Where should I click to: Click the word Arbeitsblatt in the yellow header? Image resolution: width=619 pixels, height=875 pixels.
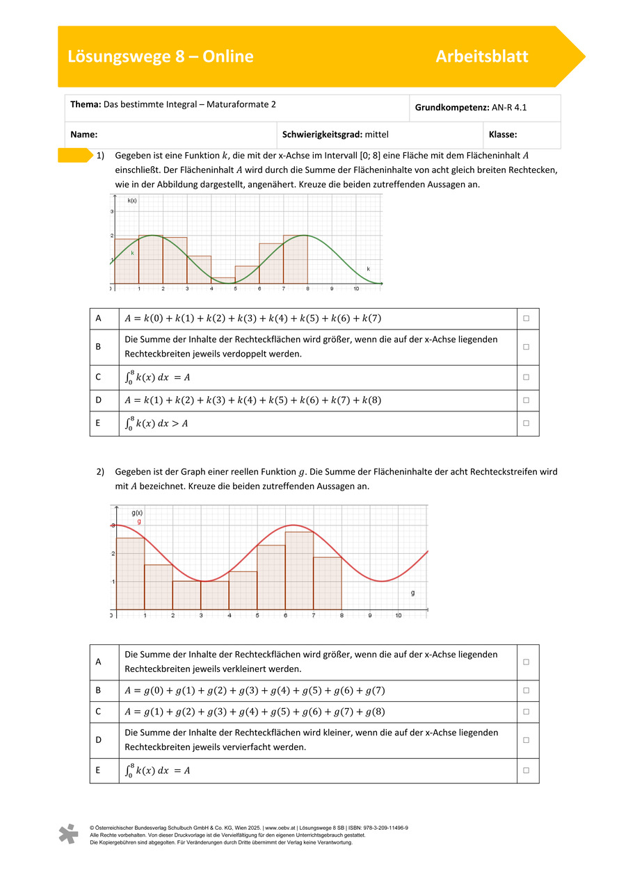(481, 56)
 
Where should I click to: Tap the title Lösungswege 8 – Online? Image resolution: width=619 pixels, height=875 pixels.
(161, 56)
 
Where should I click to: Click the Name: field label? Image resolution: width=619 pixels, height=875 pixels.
(83, 135)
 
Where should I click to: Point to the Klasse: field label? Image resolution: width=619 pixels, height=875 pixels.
(503, 135)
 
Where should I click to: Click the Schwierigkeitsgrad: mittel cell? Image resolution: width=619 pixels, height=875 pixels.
(335, 135)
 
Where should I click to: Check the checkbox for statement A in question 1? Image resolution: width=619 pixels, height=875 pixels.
(526, 318)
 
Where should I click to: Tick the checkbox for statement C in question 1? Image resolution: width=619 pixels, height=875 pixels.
(526, 377)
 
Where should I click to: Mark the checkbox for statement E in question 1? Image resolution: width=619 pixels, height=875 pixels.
(526, 423)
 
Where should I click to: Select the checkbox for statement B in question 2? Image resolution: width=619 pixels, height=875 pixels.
(526, 690)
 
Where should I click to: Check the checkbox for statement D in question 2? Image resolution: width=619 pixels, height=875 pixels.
(526, 740)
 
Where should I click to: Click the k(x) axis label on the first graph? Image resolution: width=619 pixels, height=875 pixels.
(132, 200)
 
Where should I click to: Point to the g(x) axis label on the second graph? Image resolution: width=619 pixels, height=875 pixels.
(137, 513)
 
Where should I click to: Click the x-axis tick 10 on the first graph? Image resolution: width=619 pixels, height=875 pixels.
(356, 288)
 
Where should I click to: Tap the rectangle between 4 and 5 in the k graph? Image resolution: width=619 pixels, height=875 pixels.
(223, 280)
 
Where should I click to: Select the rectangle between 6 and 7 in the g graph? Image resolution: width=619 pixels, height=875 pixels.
(299, 571)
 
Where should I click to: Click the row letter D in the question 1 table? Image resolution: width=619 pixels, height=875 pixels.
(99, 400)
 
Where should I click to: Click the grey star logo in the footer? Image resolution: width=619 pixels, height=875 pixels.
(68, 834)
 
